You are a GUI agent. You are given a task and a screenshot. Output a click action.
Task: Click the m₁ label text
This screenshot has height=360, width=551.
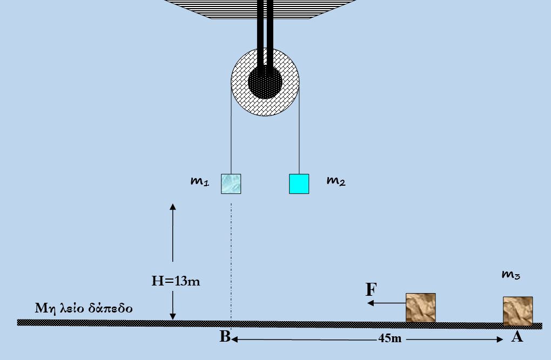tap(199, 182)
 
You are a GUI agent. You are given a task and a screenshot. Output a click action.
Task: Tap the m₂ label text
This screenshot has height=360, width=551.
tap(335, 182)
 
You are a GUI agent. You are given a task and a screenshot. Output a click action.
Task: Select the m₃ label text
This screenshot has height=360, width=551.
tap(510, 275)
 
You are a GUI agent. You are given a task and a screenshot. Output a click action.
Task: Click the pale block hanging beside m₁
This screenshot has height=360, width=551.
tap(231, 184)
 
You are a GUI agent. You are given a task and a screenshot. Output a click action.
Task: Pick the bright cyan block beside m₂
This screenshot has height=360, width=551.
tap(299, 184)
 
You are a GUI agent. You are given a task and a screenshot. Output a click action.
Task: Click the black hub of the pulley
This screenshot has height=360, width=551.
tap(265, 83)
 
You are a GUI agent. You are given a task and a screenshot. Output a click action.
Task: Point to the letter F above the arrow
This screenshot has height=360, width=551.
tap(371, 290)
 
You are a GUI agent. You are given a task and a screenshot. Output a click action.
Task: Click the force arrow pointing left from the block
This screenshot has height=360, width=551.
tap(386, 303)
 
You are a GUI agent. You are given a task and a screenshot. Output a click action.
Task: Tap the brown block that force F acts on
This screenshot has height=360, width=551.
tap(421, 308)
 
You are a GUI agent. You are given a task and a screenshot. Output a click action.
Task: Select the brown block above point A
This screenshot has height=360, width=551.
tap(518, 311)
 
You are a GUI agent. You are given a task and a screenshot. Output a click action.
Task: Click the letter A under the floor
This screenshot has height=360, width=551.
tap(517, 337)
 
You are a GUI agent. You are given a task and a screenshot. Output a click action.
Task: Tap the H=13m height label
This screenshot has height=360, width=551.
tap(175, 281)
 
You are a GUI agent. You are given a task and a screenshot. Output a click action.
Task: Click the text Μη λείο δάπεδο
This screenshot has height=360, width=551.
tap(84, 309)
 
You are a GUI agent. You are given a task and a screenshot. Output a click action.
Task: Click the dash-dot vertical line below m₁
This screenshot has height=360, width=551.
tap(231, 259)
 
